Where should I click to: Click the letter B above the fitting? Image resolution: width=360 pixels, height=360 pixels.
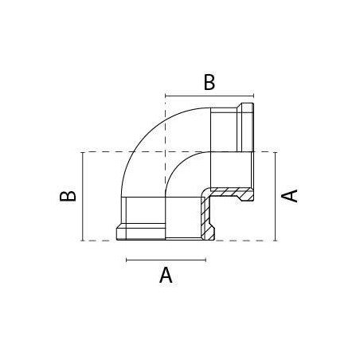209,82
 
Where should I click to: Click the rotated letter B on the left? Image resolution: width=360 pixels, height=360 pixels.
68,196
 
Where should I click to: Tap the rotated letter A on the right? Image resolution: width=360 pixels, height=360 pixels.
289,196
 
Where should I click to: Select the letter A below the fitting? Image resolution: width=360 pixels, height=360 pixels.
166,276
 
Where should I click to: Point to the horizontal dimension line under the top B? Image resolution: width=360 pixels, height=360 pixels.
209,96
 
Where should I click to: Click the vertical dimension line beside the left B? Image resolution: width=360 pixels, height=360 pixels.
83,197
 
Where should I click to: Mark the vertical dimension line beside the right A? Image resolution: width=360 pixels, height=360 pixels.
276,197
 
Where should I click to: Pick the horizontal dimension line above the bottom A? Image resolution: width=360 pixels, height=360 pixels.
166,260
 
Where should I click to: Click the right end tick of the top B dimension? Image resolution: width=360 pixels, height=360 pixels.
254,96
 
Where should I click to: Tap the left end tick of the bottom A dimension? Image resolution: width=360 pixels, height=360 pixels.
127,260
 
